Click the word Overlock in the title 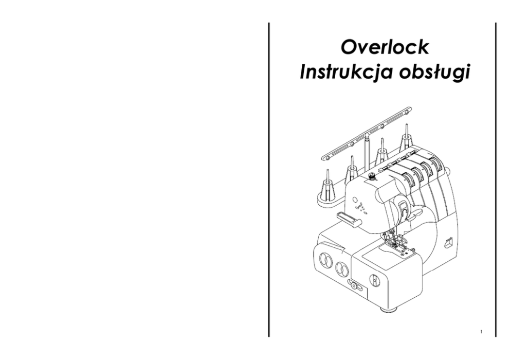click(385, 47)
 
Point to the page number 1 click(480, 331)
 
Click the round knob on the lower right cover click(374, 280)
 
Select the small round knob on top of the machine click(372, 177)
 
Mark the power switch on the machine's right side click(448, 242)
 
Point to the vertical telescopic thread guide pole click(367, 152)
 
